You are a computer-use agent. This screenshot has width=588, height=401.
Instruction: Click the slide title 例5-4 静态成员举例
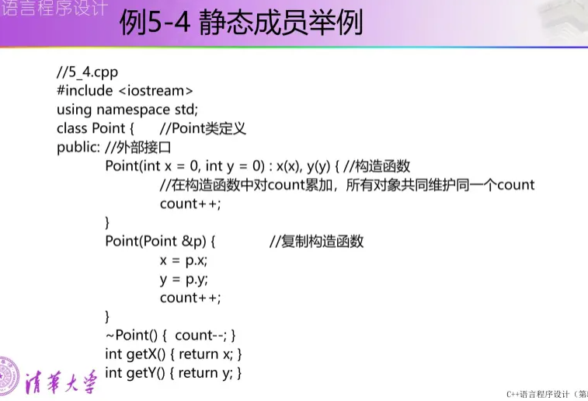click(241, 23)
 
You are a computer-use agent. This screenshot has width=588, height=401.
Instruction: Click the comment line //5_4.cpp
click(87, 71)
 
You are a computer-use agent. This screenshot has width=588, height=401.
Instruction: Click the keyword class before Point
click(72, 128)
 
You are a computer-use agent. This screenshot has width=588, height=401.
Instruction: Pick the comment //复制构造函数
click(316, 241)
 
